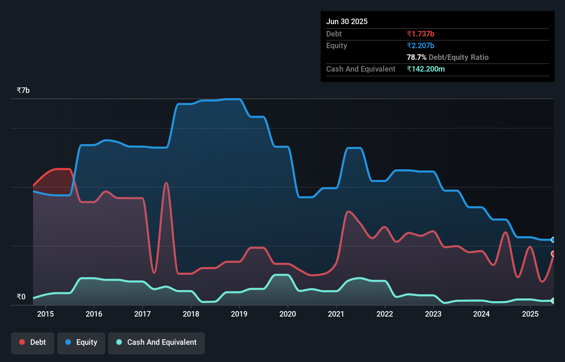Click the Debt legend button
pyautogui.click(x=33, y=343)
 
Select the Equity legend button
pyautogui.click(x=81, y=343)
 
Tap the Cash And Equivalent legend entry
pyautogui.click(x=157, y=343)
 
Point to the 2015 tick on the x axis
pyautogui.click(x=45, y=314)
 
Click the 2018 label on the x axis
pyautogui.click(x=191, y=314)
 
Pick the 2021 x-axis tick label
pyautogui.click(x=336, y=314)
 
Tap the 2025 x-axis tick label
pyautogui.click(x=530, y=314)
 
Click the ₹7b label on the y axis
pyautogui.click(x=23, y=90)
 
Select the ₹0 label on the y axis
pyautogui.click(x=21, y=297)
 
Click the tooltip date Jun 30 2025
pyautogui.click(x=347, y=22)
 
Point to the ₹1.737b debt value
pyautogui.click(x=420, y=34)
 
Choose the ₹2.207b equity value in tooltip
pyautogui.click(x=420, y=46)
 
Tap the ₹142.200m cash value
pyautogui.click(x=426, y=69)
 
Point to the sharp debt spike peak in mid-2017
pyautogui.click(x=166, y=183)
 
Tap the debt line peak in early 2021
pyautogui.click(x=348, y=211)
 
